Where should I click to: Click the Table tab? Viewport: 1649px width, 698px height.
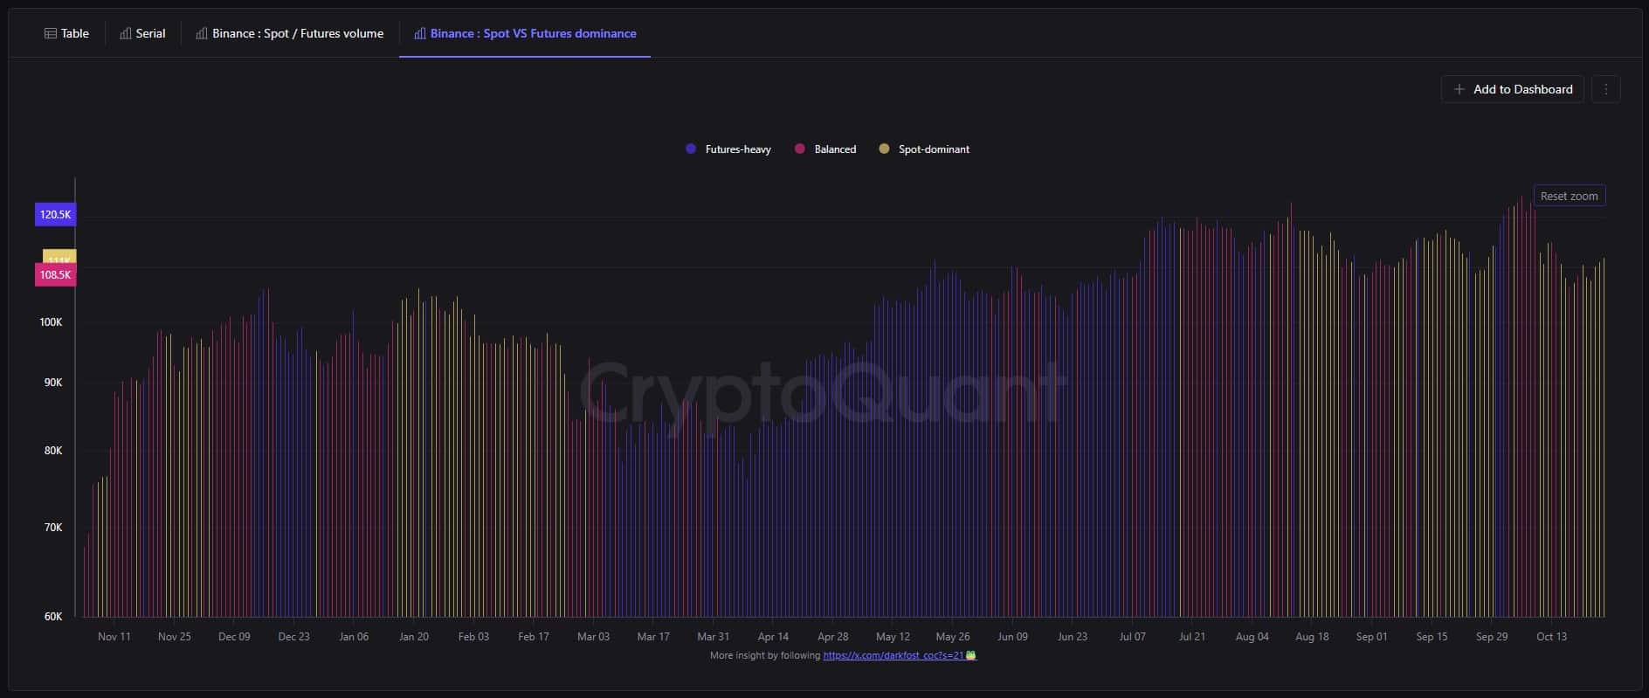[67, 33]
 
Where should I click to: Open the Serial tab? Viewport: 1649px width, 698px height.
[142, 33]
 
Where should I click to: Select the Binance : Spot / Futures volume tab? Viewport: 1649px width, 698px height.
[290, 33]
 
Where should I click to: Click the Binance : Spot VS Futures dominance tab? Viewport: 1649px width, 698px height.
[525, 33]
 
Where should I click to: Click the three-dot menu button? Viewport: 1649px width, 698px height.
[1605, 89]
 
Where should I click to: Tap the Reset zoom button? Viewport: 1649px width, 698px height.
[1569, 197]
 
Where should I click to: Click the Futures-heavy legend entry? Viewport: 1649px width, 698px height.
[729, 149]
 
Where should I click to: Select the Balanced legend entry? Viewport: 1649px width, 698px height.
[825, 149]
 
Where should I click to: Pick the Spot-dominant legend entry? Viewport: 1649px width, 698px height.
[924, 149]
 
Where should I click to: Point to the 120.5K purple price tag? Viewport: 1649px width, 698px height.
[55, 215]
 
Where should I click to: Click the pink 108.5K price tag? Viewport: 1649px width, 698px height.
[55, 275]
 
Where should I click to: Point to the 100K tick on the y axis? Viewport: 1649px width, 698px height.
[51, 322]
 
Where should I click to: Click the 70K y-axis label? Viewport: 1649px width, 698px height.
[52, 528]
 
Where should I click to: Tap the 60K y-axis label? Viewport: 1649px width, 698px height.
[52, 617]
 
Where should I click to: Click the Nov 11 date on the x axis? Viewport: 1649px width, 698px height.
[114, 637]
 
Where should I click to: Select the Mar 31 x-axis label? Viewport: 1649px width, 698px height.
[713, 637]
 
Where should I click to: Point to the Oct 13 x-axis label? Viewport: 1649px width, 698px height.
[1551, 637]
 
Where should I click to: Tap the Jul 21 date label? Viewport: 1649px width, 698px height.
[1192, 637]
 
